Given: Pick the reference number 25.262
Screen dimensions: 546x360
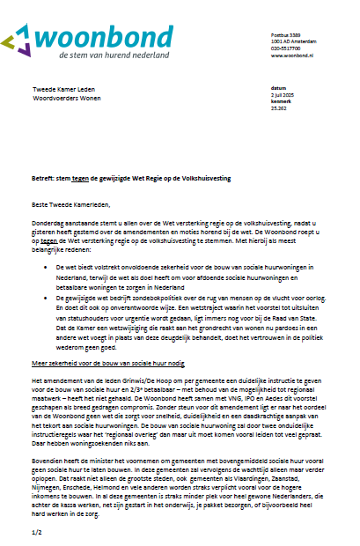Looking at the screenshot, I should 279,108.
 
